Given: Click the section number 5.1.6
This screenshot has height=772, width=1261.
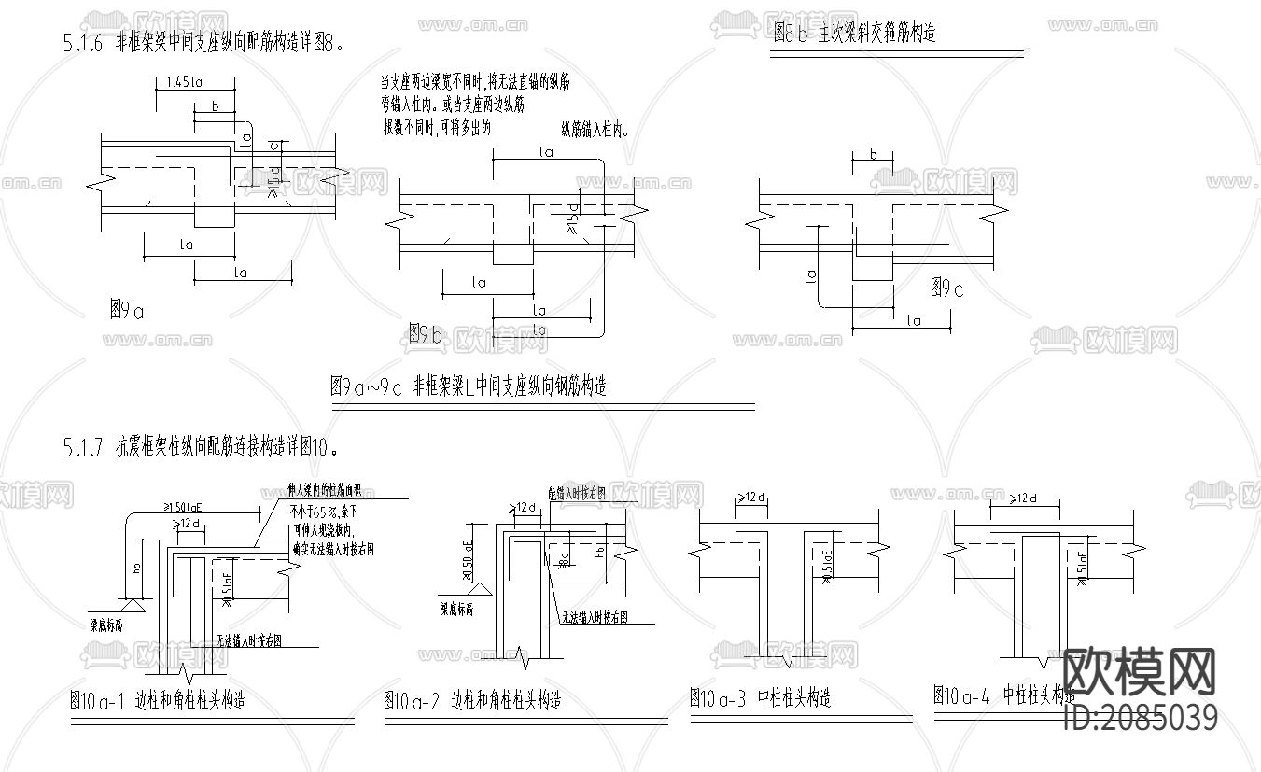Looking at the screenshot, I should pos(82,42).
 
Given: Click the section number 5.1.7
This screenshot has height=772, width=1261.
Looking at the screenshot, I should pos(82,447).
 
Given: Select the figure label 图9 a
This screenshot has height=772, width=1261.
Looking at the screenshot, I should pos(127,311).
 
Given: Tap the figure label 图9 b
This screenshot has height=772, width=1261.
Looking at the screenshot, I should pos(425,333).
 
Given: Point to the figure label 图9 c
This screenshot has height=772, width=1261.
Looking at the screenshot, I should pos(946,288).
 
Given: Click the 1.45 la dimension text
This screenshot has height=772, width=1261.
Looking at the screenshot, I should pos(184,82).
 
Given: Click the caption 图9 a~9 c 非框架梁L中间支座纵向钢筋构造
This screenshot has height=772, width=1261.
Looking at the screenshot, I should pos(469,386).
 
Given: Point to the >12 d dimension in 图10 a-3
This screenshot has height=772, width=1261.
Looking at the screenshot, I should pos(751,498).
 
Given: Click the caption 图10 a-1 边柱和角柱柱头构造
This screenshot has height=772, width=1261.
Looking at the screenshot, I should pos(158,700).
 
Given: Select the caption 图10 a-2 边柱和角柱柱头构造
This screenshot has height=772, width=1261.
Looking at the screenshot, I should pos(472,699).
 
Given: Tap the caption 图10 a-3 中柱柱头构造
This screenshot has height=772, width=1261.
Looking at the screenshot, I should pos(760,697).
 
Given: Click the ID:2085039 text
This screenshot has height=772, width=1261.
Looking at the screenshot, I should pos(1141,718).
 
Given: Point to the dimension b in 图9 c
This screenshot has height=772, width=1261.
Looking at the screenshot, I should pos(873,154).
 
